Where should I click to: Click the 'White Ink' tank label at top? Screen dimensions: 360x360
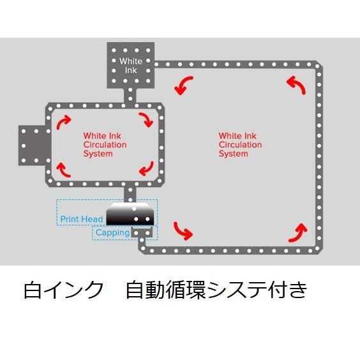(x=131, y=66)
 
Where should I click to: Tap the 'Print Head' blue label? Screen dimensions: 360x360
(x=82, y=219)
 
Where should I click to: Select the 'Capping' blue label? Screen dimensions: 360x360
(x=112, y=232)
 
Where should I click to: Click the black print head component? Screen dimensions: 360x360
(x=130, y=214)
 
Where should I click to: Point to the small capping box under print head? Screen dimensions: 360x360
(x=142, y=232)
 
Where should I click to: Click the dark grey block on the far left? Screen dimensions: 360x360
(x=34, y=146)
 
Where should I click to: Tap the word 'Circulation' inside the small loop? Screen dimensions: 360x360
(x=105, y=145)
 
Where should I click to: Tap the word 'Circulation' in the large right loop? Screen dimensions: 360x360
(x=240, y=145)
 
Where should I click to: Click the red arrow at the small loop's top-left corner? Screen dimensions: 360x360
(x=63, y=122)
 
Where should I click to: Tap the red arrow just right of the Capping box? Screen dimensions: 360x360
(x=182, y=232)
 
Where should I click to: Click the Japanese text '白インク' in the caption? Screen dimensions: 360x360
(x=64, y=290)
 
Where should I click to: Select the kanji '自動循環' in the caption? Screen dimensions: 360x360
(x=166, y=290)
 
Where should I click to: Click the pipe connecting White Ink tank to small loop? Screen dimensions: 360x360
(x=130, y=96)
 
